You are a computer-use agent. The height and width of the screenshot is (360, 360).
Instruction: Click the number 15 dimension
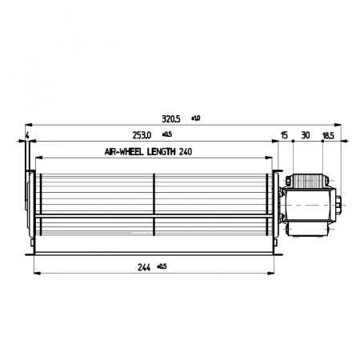285,134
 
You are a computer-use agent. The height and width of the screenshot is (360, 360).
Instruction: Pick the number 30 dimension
305,134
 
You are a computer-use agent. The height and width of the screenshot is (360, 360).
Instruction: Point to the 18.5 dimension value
329,134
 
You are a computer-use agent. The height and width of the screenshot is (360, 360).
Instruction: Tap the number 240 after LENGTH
186,150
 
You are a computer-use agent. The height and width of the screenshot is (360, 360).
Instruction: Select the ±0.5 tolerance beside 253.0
168,134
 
